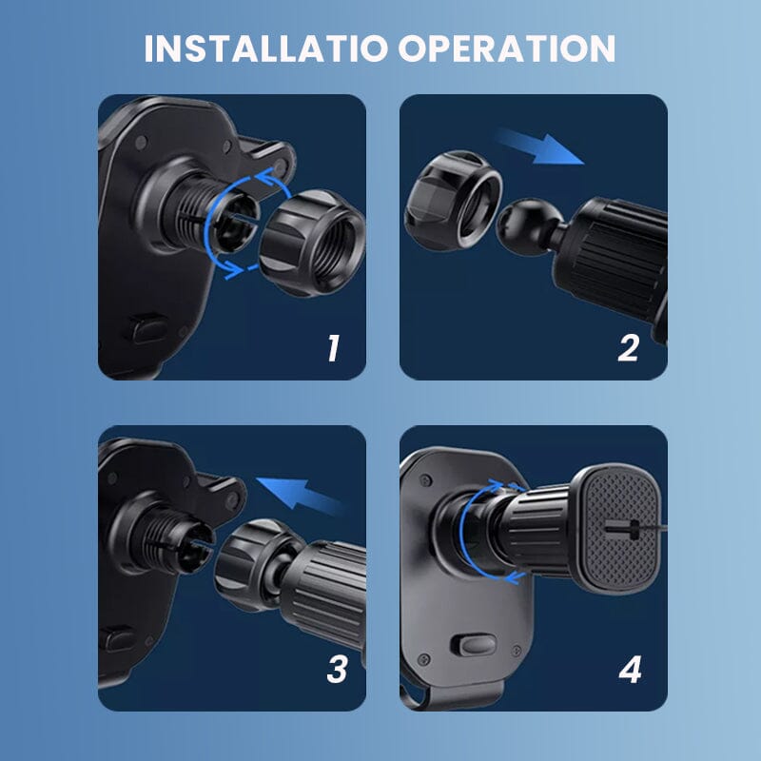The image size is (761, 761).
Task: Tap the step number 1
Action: point(331,348)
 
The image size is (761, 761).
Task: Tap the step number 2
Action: point(628,348)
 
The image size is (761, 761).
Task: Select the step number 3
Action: point(336,670)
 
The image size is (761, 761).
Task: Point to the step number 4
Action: point(630,670)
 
